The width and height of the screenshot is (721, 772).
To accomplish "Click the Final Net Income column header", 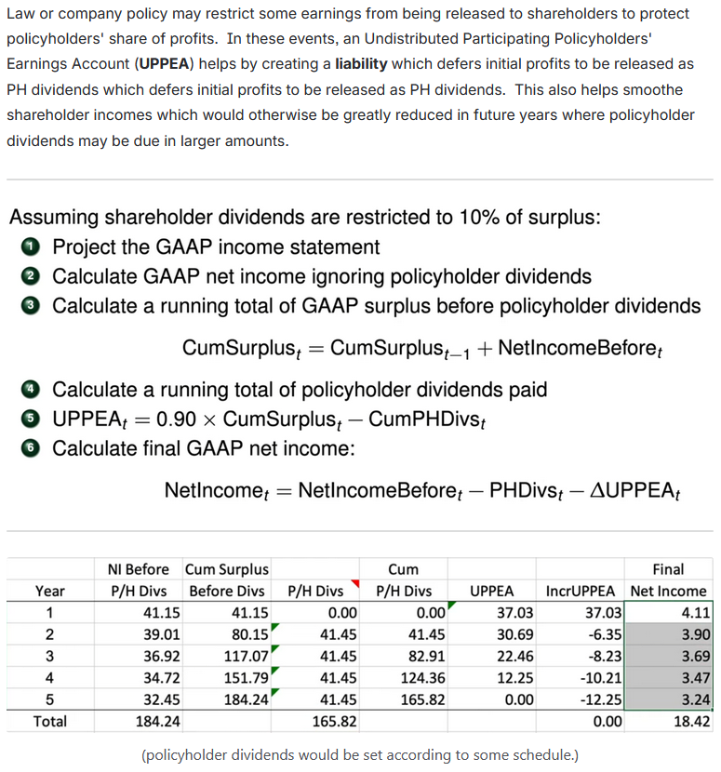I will [668, 579].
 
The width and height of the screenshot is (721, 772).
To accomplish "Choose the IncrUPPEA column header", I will [580, 591].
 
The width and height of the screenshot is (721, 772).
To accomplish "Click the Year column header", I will [49, 591].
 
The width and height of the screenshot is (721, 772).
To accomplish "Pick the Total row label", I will [49, 721].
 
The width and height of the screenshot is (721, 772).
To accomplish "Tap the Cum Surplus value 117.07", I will [245, 656].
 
